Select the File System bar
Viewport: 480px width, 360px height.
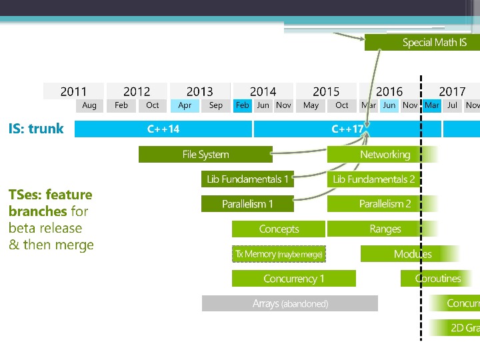click(205, 155)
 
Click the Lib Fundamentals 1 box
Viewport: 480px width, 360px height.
click(247, 179)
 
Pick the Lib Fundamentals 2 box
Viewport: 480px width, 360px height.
click(373, 179)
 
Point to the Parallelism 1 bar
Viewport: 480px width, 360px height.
click(247, 204)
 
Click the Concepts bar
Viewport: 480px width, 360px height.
click(279, 229)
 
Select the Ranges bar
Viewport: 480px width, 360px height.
click(385, 229)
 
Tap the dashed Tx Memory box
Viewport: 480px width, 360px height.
click(279, 254)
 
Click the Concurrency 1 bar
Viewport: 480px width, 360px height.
click(293, 279)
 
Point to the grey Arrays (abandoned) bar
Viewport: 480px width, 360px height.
click(290, 304)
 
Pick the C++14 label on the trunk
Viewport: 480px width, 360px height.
click(163, 129)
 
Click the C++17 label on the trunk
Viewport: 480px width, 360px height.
click(347, 129)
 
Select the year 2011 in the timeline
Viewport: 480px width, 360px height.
click(73, 91)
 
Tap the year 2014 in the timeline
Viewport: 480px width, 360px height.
click(263, 91)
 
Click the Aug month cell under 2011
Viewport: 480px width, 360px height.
click(89, 105)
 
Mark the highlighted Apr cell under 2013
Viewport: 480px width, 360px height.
click(185, 105)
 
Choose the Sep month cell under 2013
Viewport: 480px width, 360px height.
click(216, 105)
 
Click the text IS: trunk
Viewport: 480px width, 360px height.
click(36, 129)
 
